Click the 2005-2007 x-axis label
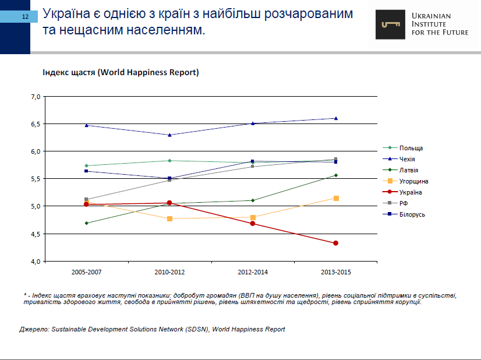(86, 272)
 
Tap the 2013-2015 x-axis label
(336, 272)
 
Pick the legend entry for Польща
(411, 148)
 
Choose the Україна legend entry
(411, 192)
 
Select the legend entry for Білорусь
(412, 214)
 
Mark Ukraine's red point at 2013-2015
(336, 243)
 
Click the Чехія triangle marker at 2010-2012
(169, 135)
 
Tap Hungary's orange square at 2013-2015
(336, 198)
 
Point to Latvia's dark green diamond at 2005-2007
(86, 223)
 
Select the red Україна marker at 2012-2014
(253, 224)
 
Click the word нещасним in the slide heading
(93, 29)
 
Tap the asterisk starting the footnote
(26, 295)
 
